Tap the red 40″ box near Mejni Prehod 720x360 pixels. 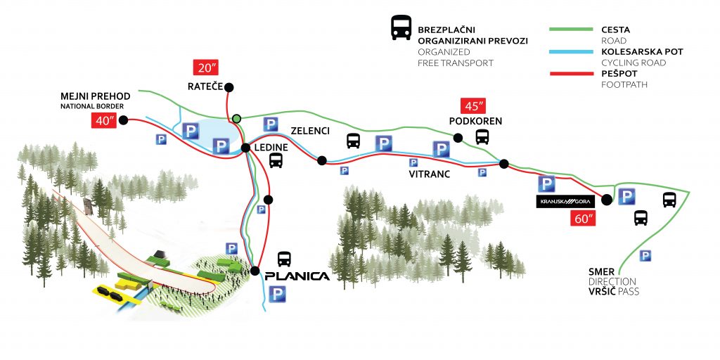[103, 120]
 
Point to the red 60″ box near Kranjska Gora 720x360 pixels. [584, 218]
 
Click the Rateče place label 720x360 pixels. [205, 87]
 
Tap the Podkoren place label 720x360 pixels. [476, 122]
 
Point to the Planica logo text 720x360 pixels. [298, 276]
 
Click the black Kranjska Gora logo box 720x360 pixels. [565, 202]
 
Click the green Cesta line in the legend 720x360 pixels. [572, 30]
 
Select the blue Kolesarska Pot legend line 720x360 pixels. [572, 52]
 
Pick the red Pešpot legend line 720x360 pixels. [572, 73]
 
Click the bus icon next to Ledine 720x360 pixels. [276, 161]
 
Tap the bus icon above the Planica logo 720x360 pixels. [284, 258]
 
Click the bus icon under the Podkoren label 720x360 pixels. [482, 137]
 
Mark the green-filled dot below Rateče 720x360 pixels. [238, 118]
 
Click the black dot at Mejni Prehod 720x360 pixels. [123, 120]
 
